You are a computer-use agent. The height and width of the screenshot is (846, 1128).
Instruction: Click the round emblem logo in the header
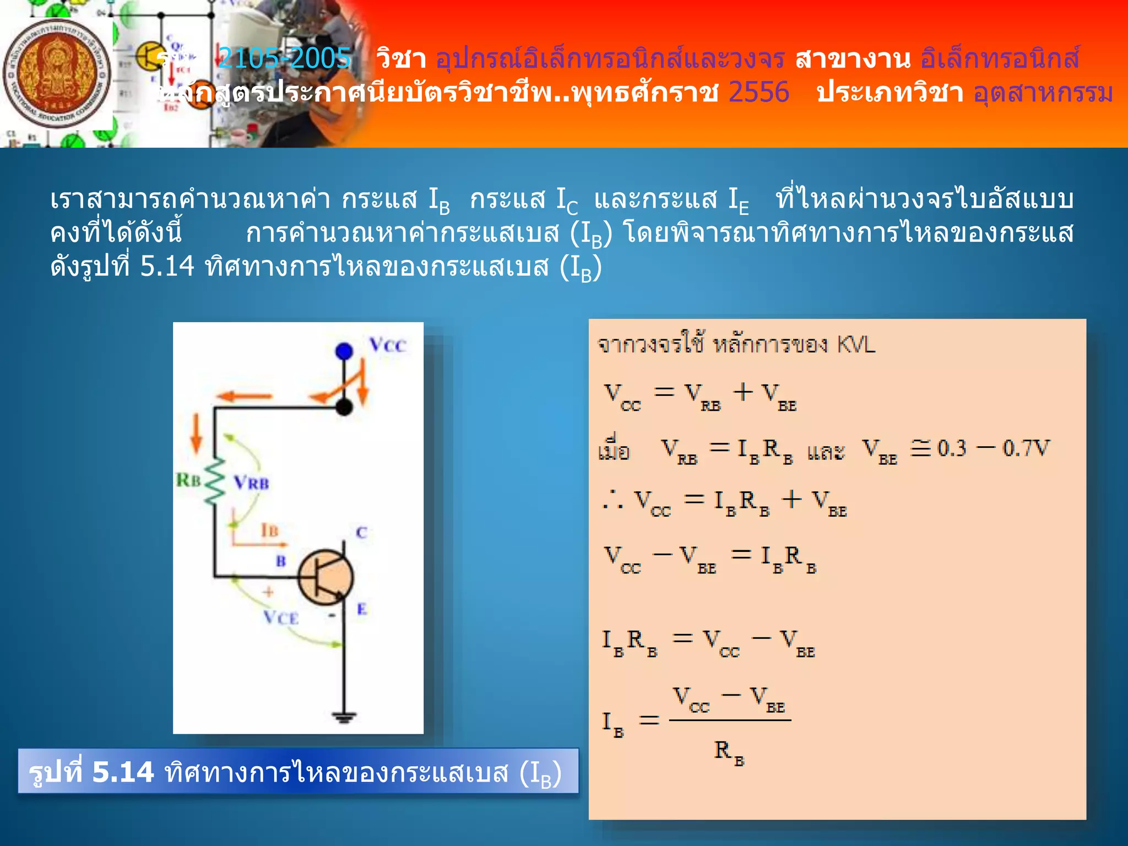click(x=57, y=74)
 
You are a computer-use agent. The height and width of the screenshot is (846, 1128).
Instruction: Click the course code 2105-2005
click(x=284, y=58)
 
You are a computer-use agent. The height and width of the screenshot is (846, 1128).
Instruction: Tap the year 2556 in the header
click(x=758, y=92)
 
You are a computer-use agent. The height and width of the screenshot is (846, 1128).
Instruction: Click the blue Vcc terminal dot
click(x=344, y=351)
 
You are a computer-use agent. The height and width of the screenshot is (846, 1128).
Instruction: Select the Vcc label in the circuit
click(x=388, y=345)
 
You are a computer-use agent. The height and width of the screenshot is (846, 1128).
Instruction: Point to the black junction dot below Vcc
click(x=344, y=407)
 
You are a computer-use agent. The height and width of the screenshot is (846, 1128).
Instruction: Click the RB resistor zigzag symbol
click(x=215, y=480)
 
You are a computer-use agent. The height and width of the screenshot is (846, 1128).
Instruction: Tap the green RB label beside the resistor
click(x=188, y=480)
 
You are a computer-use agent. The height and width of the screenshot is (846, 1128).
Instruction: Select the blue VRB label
click(x=252, y=483)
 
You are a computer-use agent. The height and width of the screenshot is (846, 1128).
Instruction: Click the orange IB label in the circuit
click(x=269, y=530)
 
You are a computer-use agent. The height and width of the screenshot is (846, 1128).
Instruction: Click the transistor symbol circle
click(x=326, y=578)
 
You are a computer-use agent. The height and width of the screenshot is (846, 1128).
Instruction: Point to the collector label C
click(x=361, y=533)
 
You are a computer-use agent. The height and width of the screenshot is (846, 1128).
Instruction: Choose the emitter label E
click(x=361, y=609)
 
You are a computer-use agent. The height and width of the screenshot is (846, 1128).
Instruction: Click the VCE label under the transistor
click(x=281, y=617)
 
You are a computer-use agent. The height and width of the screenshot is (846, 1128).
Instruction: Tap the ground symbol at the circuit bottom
click(x=344, y=717)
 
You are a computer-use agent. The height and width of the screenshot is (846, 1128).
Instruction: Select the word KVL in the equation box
click(x=855, y=345)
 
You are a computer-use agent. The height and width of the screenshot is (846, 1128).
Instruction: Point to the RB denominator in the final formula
click(x=729, y=751)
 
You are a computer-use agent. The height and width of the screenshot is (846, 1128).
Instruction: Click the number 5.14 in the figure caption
click(x=123, y=772)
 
